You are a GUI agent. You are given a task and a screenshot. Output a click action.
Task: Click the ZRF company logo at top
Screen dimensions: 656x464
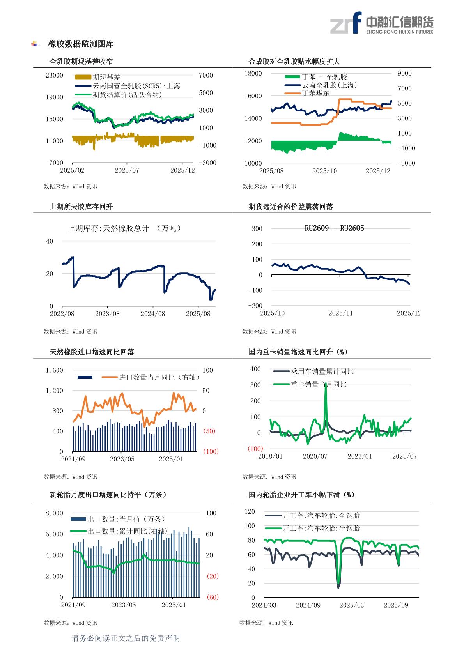[x=381, y=23]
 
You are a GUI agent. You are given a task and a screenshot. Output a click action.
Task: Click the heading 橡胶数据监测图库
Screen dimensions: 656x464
[x=81, y=44]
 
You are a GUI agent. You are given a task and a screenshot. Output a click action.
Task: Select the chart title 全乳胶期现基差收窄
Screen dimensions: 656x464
[x=81, y=61]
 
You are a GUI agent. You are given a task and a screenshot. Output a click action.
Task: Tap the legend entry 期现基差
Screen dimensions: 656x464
[x=106, y=77]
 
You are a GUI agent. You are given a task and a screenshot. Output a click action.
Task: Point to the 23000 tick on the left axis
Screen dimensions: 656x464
[x=54, y=75]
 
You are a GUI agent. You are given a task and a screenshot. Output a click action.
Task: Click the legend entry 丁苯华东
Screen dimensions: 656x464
[x=315, y=93]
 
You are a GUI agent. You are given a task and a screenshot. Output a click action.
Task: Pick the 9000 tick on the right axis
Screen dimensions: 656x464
[x=404, y=73]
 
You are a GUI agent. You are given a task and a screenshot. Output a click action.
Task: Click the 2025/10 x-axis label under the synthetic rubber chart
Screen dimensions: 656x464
[x=324, y=171]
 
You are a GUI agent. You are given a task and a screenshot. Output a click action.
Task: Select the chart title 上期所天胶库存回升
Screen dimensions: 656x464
[x=81, y=207]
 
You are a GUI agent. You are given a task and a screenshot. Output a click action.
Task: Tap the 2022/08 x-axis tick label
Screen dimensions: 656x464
[x=62, y=313]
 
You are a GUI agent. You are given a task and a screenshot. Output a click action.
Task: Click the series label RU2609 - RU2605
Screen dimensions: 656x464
[x=334, y=228]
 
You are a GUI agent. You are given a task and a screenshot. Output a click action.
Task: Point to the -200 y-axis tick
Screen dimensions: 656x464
[x=255, y=306]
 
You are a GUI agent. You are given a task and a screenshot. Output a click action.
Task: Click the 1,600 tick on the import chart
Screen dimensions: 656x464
[x=54, y=370]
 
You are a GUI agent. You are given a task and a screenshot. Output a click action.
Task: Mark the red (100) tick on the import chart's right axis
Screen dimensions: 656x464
[x=211, y=451]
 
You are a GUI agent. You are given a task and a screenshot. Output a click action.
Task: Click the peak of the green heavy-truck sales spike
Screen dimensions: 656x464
[x=326, y=384]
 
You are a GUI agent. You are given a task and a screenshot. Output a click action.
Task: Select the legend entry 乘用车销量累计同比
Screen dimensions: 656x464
[x=322, y=371]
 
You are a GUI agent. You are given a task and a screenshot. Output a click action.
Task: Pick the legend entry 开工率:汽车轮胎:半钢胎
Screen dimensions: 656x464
[x=321, y=528]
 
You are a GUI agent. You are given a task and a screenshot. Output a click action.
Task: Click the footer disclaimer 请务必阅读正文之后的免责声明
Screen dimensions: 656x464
[x=126, y=638]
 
